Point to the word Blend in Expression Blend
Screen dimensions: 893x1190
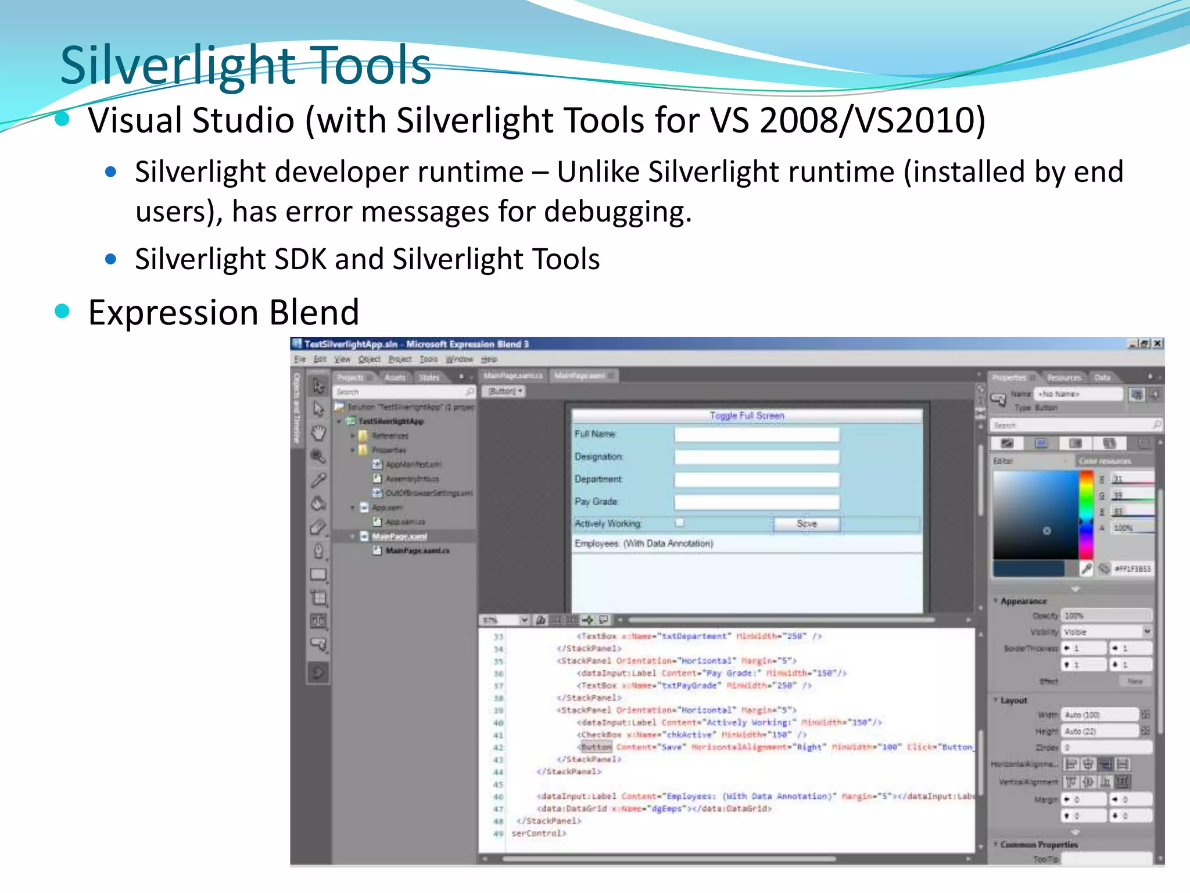point(314,312)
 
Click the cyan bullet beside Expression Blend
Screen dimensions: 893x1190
point(62,311)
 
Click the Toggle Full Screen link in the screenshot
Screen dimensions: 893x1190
point(747,416)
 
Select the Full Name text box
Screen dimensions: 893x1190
point(757,434)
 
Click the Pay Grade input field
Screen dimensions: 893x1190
point(757,502)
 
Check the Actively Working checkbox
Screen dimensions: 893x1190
point(679,523)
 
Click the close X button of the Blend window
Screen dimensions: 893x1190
point(1157,344)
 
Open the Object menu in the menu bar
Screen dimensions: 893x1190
point(369,359)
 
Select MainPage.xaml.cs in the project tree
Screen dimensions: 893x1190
point(417,551)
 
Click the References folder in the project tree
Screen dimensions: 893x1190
point(390,435)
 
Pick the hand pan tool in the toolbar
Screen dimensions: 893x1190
point(318,433)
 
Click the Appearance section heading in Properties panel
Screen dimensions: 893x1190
point(1023,601)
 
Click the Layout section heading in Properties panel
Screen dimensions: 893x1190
point(1013,701)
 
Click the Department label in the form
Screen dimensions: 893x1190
point(598,479)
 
